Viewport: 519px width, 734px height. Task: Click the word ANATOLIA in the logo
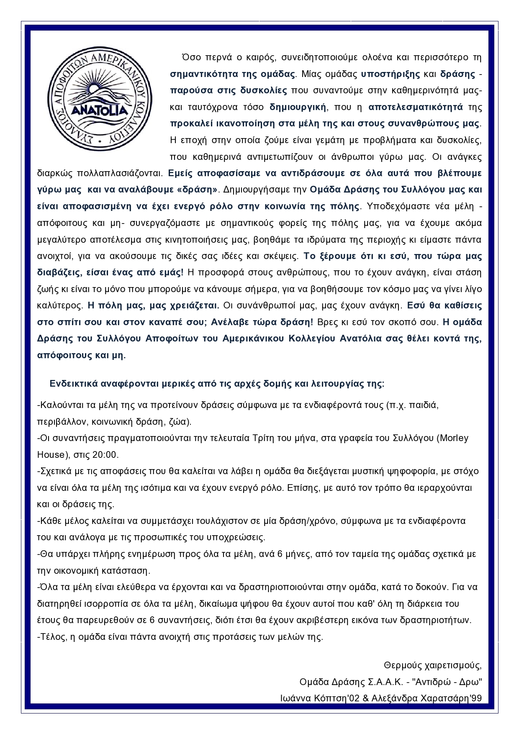100,110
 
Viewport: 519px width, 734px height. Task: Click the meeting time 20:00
108,455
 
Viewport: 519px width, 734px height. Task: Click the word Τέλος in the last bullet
51,637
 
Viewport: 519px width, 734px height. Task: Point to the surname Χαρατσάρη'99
450,699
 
